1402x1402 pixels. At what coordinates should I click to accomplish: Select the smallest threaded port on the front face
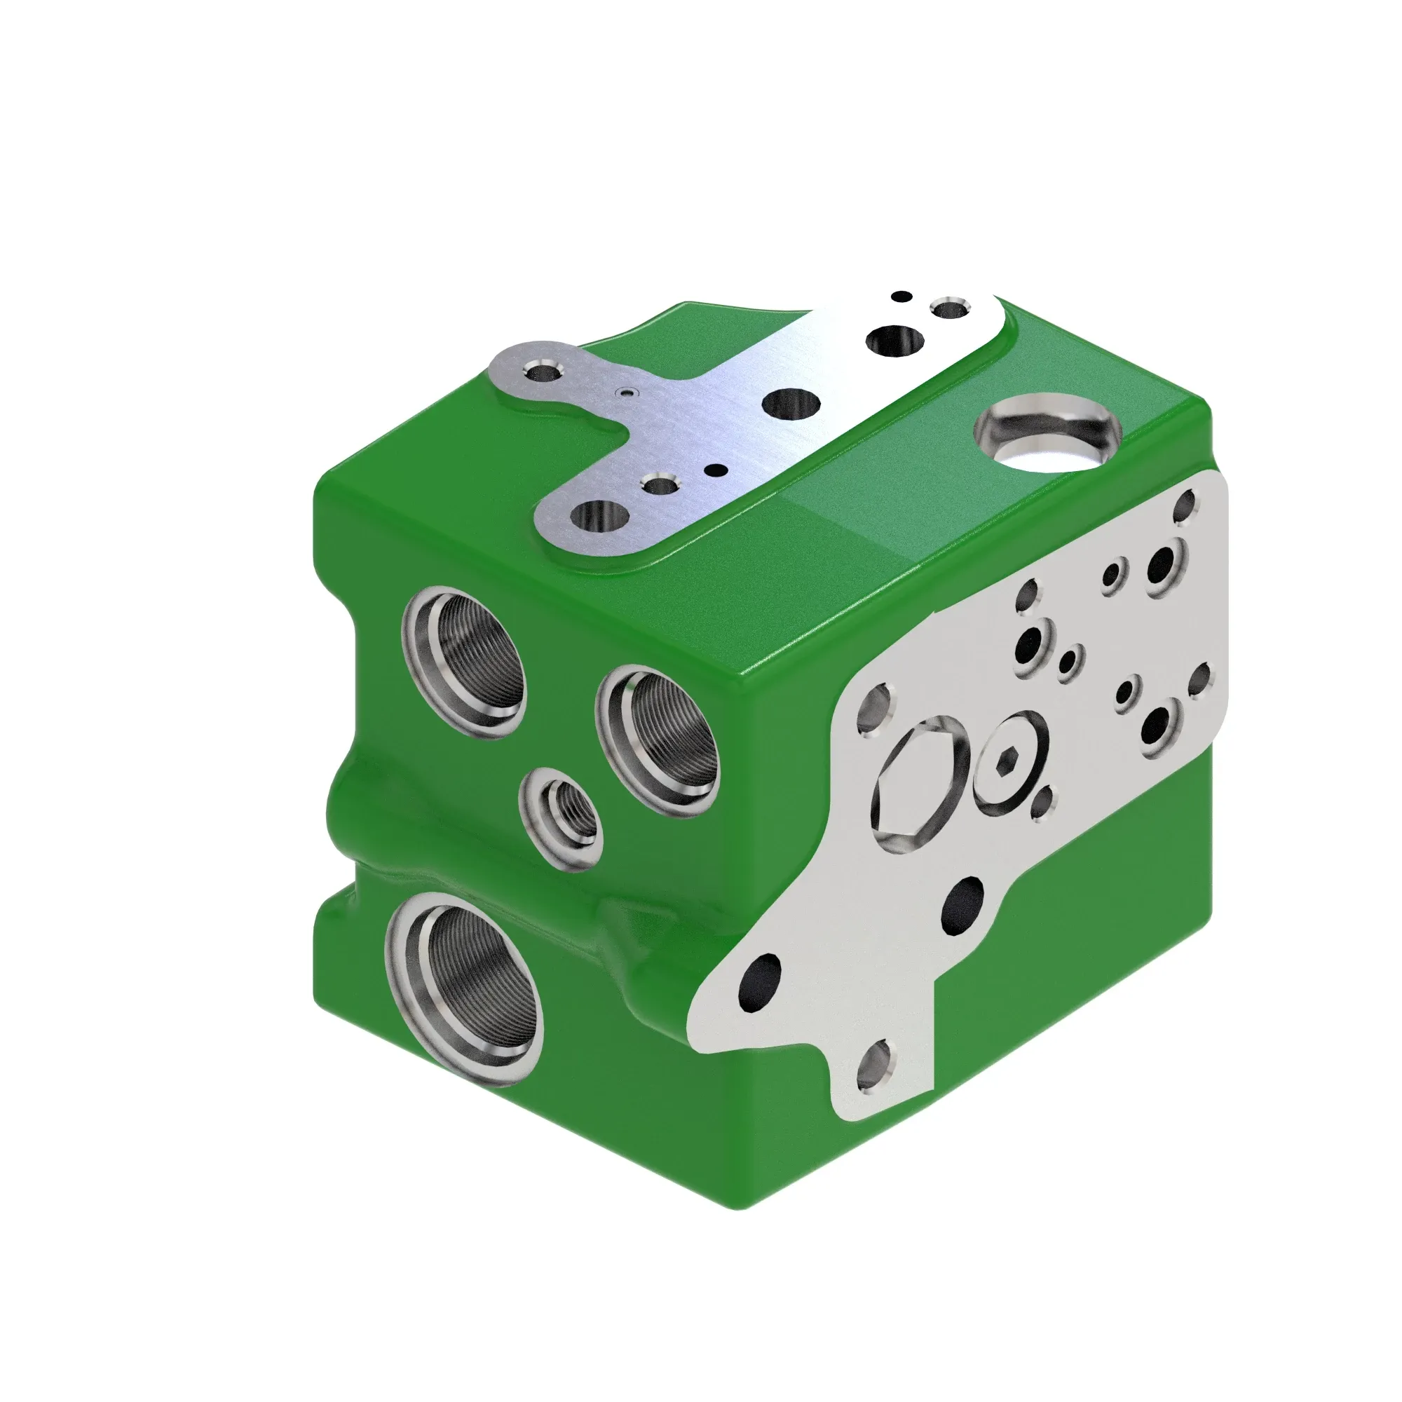(562, 822)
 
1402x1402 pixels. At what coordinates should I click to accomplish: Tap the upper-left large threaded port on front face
(466, 662)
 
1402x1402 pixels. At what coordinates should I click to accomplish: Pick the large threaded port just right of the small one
(660, 740)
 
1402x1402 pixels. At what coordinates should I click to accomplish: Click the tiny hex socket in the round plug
(1007, 760)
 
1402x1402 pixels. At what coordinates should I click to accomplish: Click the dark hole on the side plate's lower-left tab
(759, 981)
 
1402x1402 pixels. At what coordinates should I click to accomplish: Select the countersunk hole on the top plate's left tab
(541, 373)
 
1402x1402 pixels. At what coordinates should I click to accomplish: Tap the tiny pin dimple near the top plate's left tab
(625, 393)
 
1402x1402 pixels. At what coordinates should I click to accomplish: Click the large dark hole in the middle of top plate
(792, 404)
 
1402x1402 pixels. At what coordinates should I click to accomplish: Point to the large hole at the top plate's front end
(599, 516)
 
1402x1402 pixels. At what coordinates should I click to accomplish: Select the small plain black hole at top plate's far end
(901, 297)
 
